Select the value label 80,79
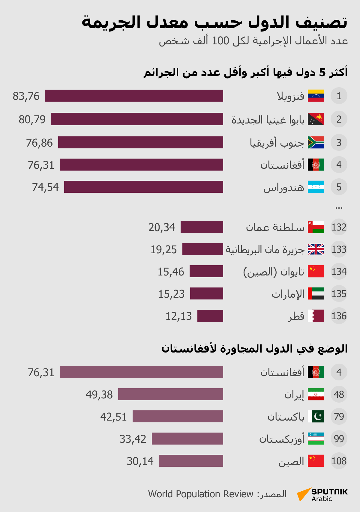click(x=32, y=119)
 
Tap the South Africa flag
click(x=316, y=142)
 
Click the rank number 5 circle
click(x=339, y=187)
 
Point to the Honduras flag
click(x=316, y=187)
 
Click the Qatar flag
click(x=316, y=316)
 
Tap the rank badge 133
click(x=339, y=249)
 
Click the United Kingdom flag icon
click(x=316, y=249)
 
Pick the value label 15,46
click(x=171, y=272)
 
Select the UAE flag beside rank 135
click(x=316, y=293)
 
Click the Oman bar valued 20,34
click(x=202, y=227)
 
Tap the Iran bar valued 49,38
click(x=170, y=394)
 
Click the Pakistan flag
click(x=316, y=416)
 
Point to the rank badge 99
click(x=339, y=439)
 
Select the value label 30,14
click(x=140, y=461)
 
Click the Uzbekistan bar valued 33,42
click(x=187, y=439)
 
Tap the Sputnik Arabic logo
click(x=322, y=495)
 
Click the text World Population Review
click(x=201, y=494)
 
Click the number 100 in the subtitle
click(x=220, y=41)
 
